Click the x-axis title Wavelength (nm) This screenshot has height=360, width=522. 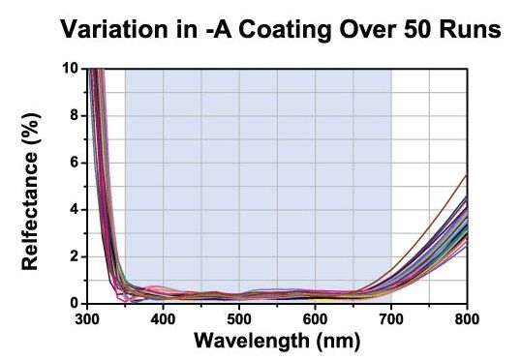click(x=277, y=342)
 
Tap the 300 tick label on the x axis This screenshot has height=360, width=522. click(x=87, y=317)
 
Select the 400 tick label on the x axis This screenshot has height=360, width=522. click(x=163, y=317)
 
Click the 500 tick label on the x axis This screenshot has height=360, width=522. click(x=239, y=317)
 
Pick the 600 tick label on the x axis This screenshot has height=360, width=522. click(x=315, y=317)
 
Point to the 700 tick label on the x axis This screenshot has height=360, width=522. click(x=391, y=317)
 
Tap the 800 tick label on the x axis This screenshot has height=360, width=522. click(x=467, y=317)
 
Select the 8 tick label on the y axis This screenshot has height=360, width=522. click(x=74, y=115)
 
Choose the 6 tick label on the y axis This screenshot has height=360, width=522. click(x=74, y=163)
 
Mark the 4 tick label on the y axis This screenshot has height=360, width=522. click(x=74, y=209)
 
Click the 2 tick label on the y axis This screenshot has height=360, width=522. click(x=74, y=256)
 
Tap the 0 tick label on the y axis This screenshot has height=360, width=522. click(x=74, y=302)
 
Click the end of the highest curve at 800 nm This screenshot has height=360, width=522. click(x=467, y=174)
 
